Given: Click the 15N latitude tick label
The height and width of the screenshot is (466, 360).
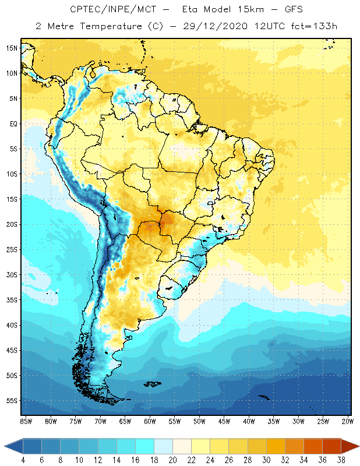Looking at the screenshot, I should point(11,48).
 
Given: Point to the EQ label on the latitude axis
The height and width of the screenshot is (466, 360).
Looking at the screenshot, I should point(12,123).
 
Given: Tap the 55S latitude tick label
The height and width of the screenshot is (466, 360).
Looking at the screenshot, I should point(11,401).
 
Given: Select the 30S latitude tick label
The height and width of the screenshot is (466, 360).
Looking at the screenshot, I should point(11,274).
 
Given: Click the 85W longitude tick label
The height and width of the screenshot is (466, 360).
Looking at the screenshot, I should point(26,421).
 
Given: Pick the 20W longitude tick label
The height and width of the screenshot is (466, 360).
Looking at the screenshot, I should point(347,421).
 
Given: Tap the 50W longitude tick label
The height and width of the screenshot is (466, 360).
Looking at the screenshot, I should point(199,421).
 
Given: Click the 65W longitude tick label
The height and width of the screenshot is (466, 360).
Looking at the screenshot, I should point(125,421).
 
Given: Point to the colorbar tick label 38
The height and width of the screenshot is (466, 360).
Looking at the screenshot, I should point(340,460).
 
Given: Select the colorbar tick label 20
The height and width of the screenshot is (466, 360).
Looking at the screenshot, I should point(173,460).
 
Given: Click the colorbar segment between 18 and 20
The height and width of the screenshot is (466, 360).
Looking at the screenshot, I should point(164,446).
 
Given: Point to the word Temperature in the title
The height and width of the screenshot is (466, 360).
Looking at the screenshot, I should point(112,26).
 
